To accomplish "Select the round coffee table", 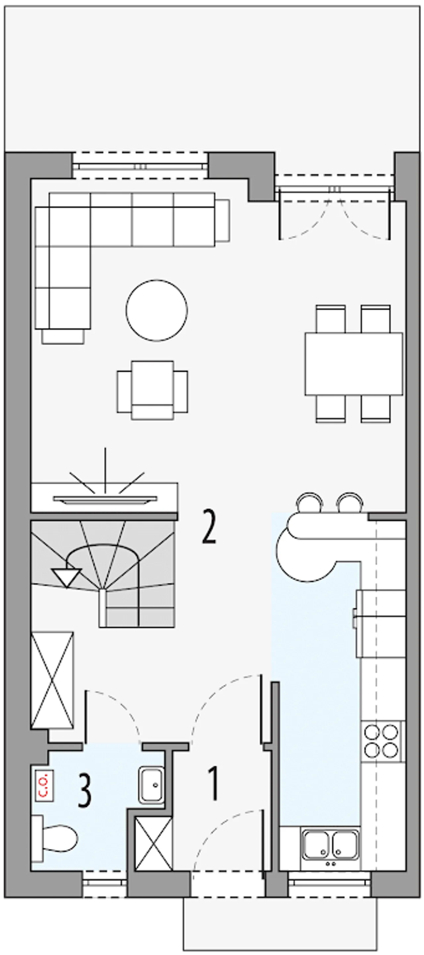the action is click(x=156, y=310).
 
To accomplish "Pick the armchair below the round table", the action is click(x=152, y=390).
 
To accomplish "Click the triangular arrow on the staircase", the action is click(x=67, y=578).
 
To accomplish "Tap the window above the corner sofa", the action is click(x=140, y=166).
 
